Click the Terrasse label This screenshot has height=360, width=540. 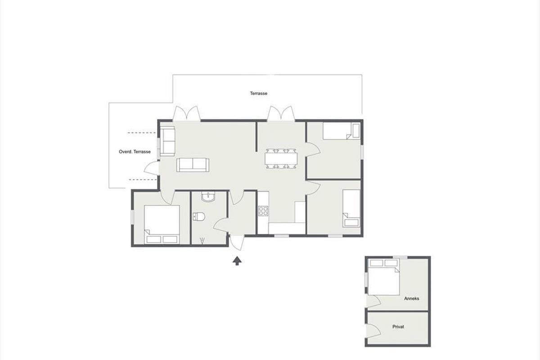pos(258,93)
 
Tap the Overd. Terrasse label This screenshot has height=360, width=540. pos(135,152)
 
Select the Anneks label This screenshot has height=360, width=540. pos(411,298)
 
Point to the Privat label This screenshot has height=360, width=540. pos(398,327)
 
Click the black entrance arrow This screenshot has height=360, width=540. pos(237,261)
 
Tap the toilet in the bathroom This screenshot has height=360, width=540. pos(199,216)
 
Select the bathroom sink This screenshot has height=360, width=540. pos(208,197)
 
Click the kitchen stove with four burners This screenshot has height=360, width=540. pos(263,211)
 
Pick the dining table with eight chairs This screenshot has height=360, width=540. pos(281,159)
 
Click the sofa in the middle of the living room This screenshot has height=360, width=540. pos(193,165)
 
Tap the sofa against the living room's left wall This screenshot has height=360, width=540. pos(167,141)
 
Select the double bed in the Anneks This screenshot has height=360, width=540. pos(383,277)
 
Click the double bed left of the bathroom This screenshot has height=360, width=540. pos(162,224)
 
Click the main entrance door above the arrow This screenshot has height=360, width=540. pos(237,243)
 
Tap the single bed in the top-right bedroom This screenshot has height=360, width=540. pos(342,131)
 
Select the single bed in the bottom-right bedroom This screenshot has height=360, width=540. pos(351,208)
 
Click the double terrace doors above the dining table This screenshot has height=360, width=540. pos(281,113)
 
